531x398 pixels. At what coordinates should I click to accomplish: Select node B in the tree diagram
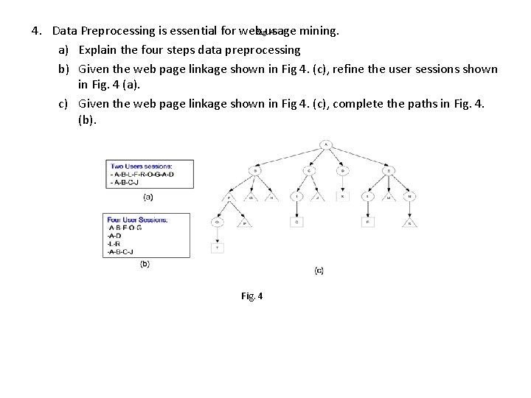[255, 171]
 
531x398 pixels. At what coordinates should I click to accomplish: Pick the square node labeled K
[341, 196]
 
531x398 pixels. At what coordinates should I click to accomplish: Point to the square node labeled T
[218, 248]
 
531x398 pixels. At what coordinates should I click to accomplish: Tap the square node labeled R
[367, 221]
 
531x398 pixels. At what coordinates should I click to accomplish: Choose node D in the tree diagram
[341, 171]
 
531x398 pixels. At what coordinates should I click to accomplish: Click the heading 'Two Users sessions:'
[142, 166]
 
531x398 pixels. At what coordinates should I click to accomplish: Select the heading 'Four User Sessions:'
[138, 220]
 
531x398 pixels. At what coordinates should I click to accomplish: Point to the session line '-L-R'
[114, 243]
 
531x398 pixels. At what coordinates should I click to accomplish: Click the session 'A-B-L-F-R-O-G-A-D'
[144, 174]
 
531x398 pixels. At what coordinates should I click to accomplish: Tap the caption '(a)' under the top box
[147, 197]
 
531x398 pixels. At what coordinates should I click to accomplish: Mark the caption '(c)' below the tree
[319, 270]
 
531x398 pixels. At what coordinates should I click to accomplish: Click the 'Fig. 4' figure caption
[251, 296]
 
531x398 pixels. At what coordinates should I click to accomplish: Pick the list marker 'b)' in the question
[64, 69]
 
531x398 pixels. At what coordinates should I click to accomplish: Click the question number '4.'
[37, 31]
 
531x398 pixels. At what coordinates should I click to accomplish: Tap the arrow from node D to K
[341, 184]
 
